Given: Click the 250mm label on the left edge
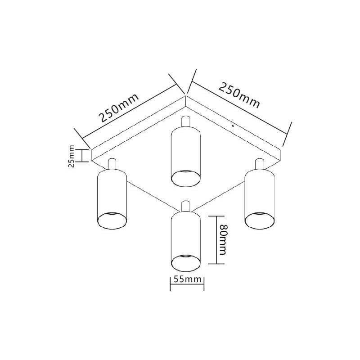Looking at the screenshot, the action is click(x=119, y=108).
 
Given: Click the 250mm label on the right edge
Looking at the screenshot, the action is click(x=239, y=95).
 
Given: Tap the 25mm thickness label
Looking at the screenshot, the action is click(x=72, y=156).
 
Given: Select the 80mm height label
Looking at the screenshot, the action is click(x=223, y=239).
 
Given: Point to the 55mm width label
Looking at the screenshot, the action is click(x=187, y=279).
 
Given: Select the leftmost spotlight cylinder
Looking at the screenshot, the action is click(x=112, y=199).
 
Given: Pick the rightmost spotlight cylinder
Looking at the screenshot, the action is click(x=260, y=199).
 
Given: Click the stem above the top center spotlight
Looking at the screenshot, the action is click(x=185, y=121).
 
